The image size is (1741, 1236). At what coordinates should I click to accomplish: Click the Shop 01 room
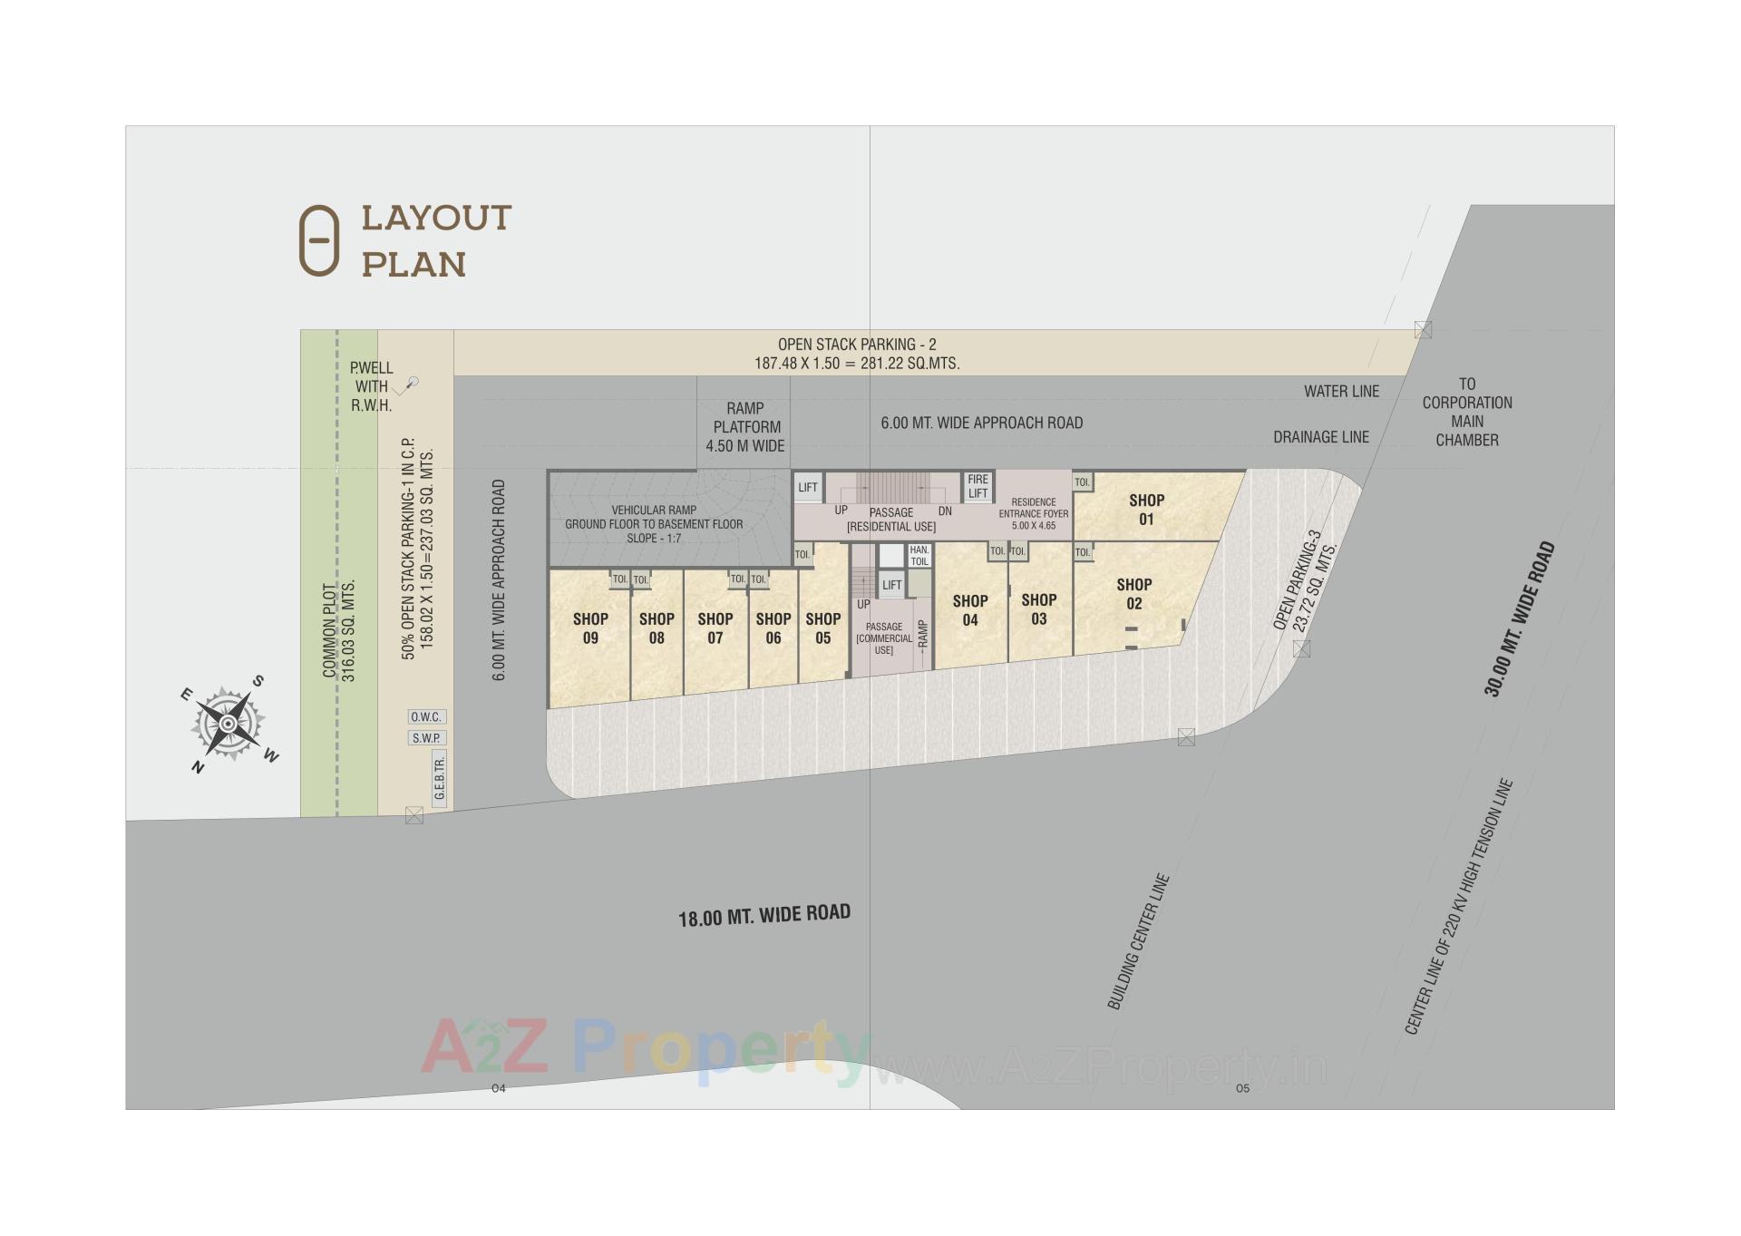coord(1146,509)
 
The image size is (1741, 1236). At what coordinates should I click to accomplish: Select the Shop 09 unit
coord(590,628)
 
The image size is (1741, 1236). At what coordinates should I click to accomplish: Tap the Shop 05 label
coord(822,628)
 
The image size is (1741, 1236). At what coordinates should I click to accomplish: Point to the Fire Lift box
coord(977,486)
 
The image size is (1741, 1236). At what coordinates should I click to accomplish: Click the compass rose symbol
coord(228,724)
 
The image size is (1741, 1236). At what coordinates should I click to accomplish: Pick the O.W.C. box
coord(426,717)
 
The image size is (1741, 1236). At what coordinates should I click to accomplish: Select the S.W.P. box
coord(426,738)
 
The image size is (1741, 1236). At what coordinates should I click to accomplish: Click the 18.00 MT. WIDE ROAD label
coord(764,915)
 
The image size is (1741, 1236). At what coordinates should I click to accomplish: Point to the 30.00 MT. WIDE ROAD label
coord(1520,619)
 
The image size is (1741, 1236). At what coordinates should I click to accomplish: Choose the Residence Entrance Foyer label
coord(1034,513)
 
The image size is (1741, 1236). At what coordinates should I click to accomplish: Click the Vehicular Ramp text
coord(654,523)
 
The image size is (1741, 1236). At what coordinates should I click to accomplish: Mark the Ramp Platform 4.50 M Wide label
coord(745,427)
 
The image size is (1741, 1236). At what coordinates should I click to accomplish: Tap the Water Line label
coord(1341,392)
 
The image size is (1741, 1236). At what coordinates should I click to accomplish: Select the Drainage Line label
coord(1320,437)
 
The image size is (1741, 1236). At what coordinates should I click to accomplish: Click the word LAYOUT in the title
coord(436,219)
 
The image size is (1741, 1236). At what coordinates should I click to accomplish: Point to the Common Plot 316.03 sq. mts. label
coord(339,630)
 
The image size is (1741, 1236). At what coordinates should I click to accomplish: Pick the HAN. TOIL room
coord(919,556)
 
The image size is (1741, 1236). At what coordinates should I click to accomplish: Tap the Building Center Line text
coord(1138,941)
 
